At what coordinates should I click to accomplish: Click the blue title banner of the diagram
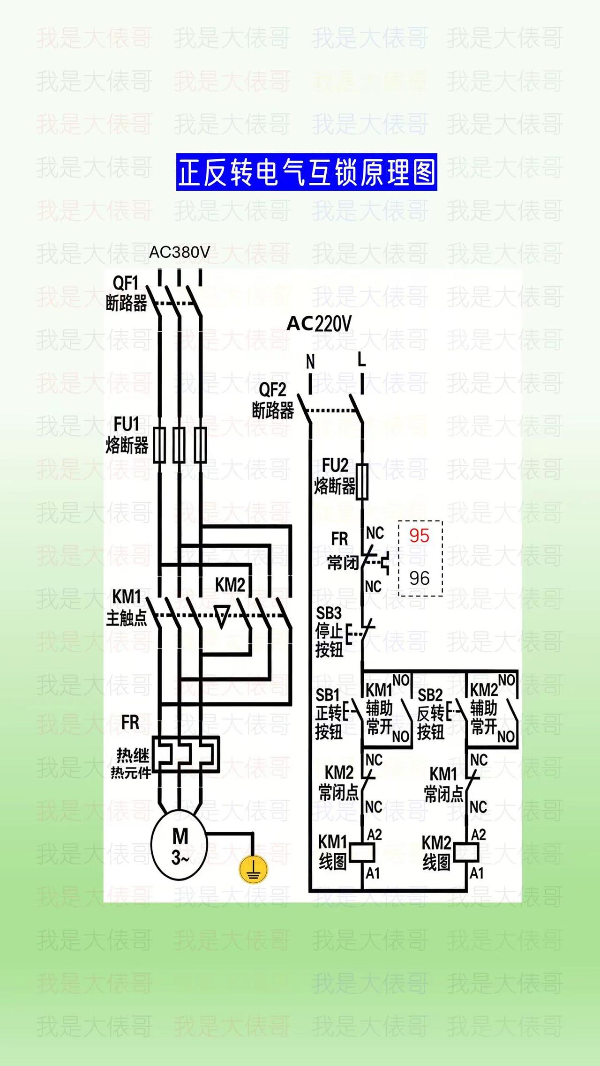click(x=307, y=172)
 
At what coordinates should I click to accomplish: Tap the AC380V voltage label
click(x=180, y=253)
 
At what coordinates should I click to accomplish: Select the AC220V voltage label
click(x=319, y=324)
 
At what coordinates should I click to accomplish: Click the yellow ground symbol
click(x=253, y=870)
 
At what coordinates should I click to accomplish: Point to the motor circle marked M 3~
click(x=179, y=846)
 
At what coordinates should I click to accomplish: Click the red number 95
click(x=419, y=536)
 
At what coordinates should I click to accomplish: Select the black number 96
click(x=419, y=578)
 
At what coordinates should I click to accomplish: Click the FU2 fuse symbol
click(x=362, y=481)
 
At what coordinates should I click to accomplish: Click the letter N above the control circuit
click(x=310, y=362)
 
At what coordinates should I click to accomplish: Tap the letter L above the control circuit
click(x=361, y=360)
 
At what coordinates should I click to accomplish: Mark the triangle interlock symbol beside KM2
click(x=222, y=616)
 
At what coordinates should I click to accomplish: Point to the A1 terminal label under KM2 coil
click(x=477, y=873)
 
